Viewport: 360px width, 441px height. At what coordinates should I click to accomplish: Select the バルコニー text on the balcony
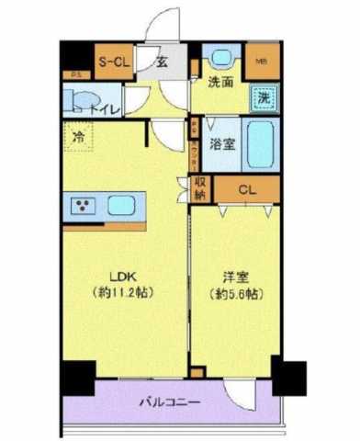point(172,402)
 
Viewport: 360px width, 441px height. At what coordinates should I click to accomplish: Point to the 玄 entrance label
point(162,62)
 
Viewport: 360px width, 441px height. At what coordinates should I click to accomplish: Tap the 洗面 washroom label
point(220,82)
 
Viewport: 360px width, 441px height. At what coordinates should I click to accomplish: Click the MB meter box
point(262,62)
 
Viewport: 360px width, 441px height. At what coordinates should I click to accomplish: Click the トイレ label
point(108,107)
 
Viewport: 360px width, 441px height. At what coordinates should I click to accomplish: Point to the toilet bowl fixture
point(81,99)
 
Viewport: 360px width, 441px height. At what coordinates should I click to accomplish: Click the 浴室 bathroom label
point(220,143)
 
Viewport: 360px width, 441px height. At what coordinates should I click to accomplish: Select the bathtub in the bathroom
point(263,142)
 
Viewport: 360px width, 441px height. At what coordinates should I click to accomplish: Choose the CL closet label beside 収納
point(246,190)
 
